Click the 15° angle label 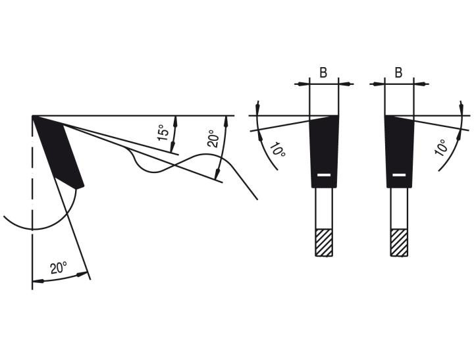coord(163,132)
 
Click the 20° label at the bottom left coord(59,268)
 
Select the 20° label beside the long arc coord(213,139)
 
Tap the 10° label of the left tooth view coord(278,150)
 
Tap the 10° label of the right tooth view coord(441,147)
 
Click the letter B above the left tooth coord(323,72)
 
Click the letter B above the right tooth coord(399,72)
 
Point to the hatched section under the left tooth coord(324,243)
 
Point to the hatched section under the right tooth coord(400,243)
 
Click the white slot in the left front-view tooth coord(324,175)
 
